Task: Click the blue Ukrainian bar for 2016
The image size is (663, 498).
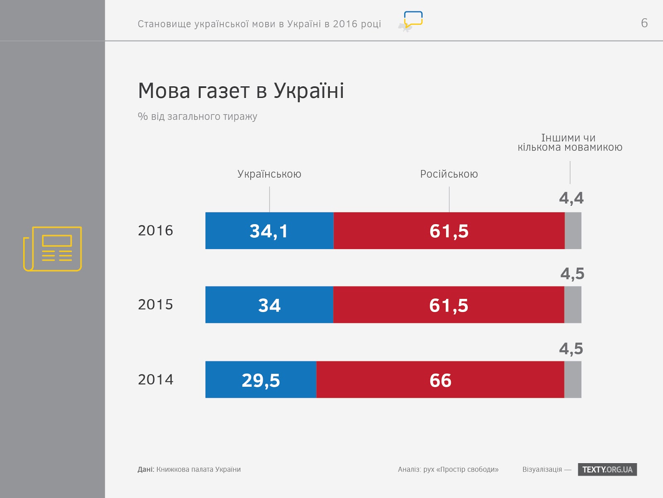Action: (269, 231)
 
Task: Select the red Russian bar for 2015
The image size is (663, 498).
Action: (448, 305)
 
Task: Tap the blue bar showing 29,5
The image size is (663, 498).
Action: (261, 380)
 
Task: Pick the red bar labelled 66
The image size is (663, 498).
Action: (440, 380)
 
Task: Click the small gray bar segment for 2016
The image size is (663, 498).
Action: (573, 231)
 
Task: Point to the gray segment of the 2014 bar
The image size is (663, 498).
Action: (573, 380)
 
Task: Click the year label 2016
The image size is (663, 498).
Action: (155, 231)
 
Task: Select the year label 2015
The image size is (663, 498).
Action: (155, 305)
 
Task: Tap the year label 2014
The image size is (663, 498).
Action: (155, 380)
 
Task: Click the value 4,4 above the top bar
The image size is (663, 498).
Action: (571, 198)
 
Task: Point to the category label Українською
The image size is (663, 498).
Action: (269, 174)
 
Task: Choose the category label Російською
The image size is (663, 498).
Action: (449, 174)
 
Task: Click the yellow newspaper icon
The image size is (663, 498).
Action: (53, 249)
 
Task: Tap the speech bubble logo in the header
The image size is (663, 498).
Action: (413, 20)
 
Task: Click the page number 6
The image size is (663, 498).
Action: (644, 23)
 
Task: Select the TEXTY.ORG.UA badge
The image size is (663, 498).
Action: (607, 469)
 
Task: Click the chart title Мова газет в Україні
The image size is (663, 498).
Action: (241, 91)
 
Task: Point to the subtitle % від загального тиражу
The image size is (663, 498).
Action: (197, 117)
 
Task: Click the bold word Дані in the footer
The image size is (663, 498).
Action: (145, 469)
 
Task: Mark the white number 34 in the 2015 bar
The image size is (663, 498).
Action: (269, 305)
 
